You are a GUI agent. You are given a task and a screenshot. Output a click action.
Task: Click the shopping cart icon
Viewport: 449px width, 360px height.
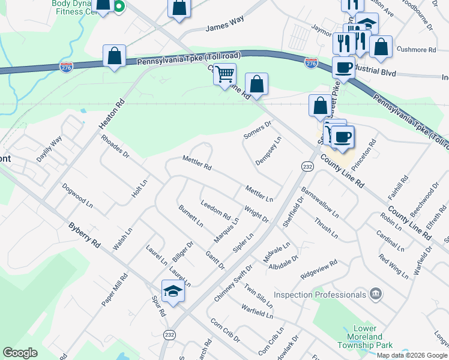click(224, 74)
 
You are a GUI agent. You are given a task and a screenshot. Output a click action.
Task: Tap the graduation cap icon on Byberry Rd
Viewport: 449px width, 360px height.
click(173, 292)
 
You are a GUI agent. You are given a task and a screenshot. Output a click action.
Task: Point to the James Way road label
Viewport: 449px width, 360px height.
click(224, 28)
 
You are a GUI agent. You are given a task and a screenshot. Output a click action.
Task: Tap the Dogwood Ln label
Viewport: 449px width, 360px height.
click(77, 196)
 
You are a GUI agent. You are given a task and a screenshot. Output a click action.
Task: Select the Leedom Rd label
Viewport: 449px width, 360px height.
click(215, 208)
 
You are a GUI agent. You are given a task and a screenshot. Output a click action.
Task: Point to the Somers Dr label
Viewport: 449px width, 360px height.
click(258, 130)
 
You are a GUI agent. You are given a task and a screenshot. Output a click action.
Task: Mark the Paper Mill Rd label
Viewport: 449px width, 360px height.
click(115, 290)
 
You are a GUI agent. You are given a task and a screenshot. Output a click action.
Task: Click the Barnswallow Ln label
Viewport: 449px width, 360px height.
click(320, 204)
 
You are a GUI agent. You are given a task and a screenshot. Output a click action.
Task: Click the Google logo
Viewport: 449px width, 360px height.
click(20, 353)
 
